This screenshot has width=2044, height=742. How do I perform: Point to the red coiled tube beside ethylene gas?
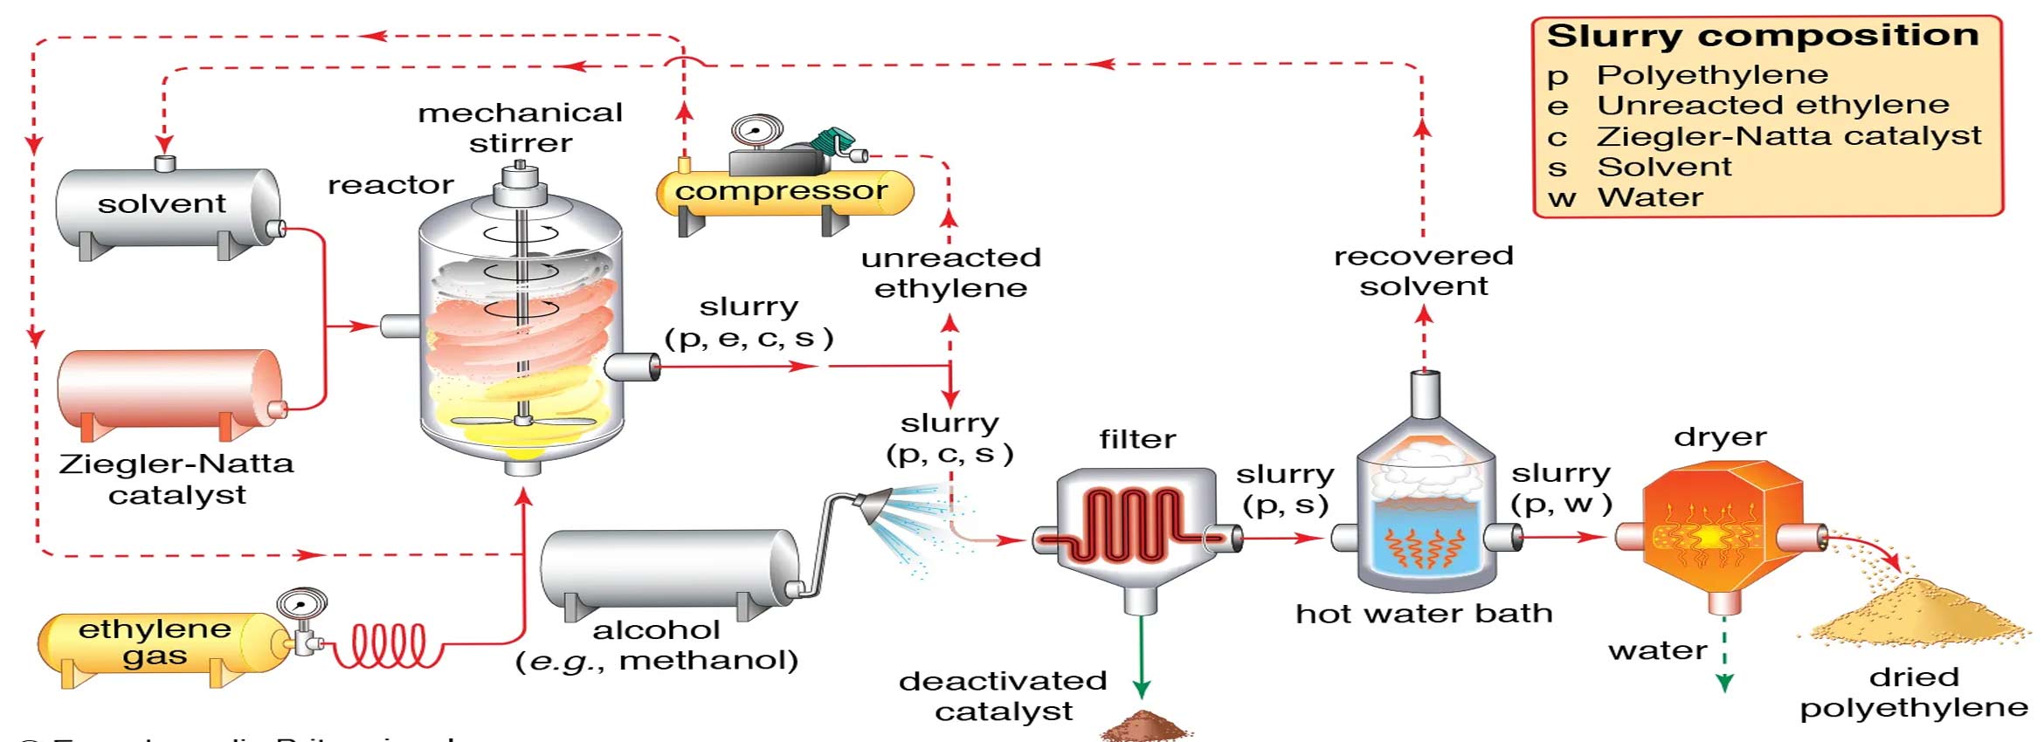coord(389,646)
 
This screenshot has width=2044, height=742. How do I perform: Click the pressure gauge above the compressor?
coord(756,131)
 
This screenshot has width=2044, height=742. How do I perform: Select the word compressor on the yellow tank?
coord(781,190)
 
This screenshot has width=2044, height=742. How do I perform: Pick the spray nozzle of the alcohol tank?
coord(874,505)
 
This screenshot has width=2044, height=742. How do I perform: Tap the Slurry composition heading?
coord(1763,36)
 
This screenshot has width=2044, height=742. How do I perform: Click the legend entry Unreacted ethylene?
coord(1772,105)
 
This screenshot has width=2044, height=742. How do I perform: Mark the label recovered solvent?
coord(1423,271)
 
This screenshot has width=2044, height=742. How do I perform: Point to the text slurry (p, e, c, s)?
coord(749,322)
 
